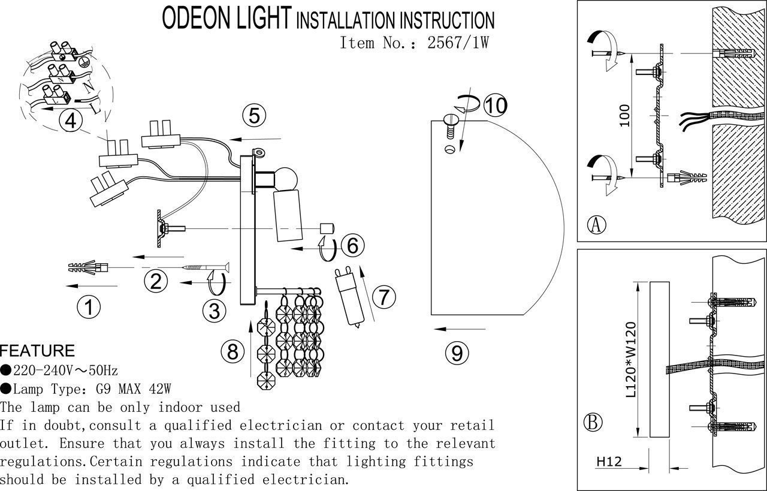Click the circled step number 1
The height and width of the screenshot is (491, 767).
point(89,308)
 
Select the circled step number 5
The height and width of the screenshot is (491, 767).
point(255,115)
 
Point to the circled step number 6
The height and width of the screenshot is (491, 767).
point(352,245)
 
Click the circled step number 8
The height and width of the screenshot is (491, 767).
point(232,351)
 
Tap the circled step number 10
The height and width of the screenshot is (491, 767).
point(496,106)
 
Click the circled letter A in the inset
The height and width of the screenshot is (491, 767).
point(596,225)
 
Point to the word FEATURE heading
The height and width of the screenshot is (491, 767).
point(37,351)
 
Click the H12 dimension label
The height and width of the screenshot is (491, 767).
point(608,462)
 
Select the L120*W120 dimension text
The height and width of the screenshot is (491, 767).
point(631,360)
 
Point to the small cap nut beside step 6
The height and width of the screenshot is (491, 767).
point(327,228)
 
